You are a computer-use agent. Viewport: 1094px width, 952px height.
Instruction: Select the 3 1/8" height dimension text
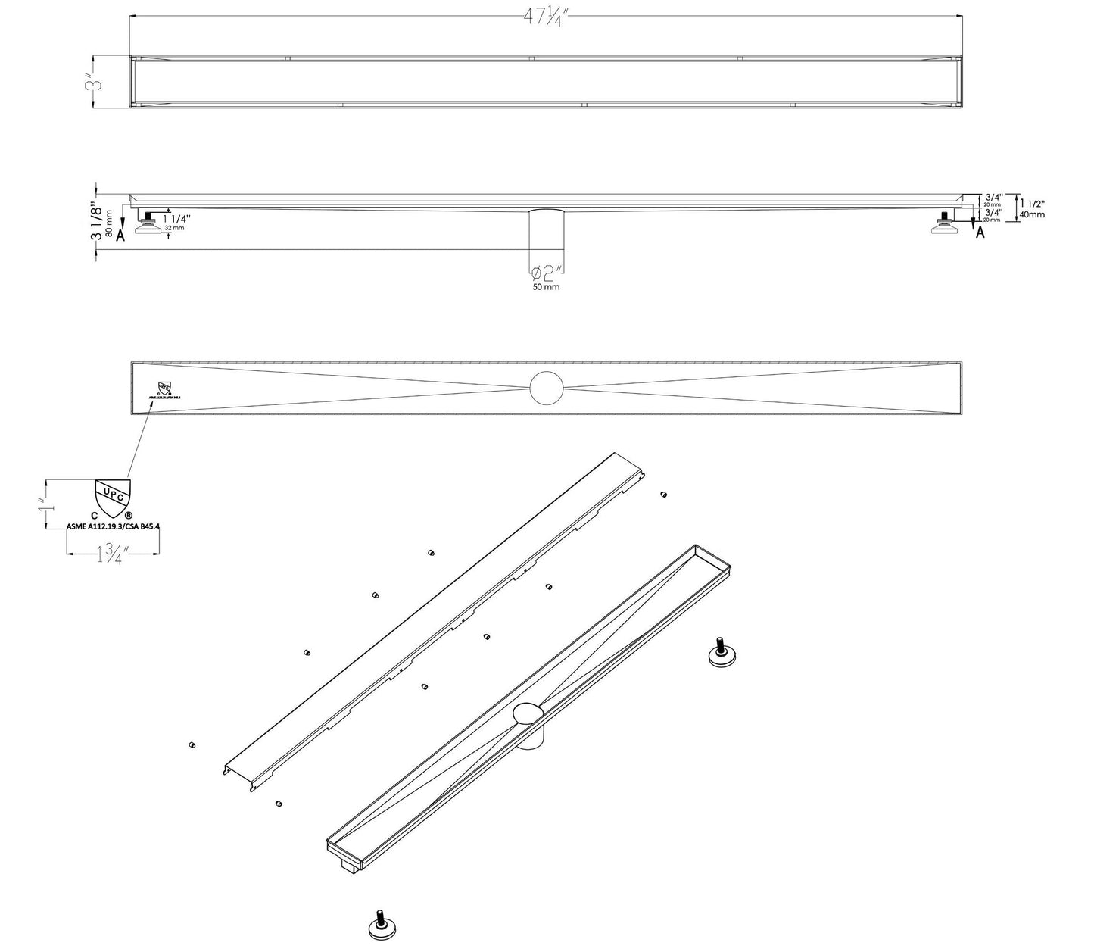tap(95, 221)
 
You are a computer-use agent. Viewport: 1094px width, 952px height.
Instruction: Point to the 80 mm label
tap(111, 223)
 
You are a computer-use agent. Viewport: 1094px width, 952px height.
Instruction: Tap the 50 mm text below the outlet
tap(546, 287)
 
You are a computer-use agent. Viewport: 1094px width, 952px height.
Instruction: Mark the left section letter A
tap(121, 233)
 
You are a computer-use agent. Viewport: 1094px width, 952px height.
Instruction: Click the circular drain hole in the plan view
tap(547, 388)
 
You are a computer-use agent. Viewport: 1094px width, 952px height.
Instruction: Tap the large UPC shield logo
tap(111, 498)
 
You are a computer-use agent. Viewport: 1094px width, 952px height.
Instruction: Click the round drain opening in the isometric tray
tap(528, 713)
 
